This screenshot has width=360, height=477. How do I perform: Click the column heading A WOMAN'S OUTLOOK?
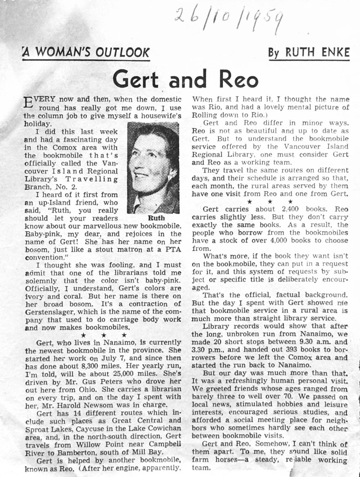[x=87, y=52]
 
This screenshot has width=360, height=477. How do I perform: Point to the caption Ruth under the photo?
[x=156, y=218]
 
